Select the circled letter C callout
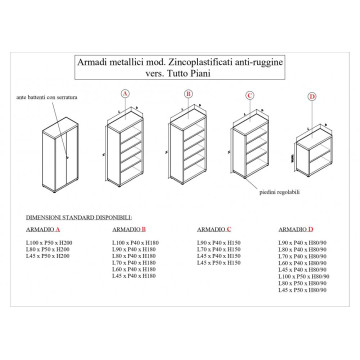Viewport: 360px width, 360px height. (x=249, y=95)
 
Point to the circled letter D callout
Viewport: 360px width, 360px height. (x=311, y=97)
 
